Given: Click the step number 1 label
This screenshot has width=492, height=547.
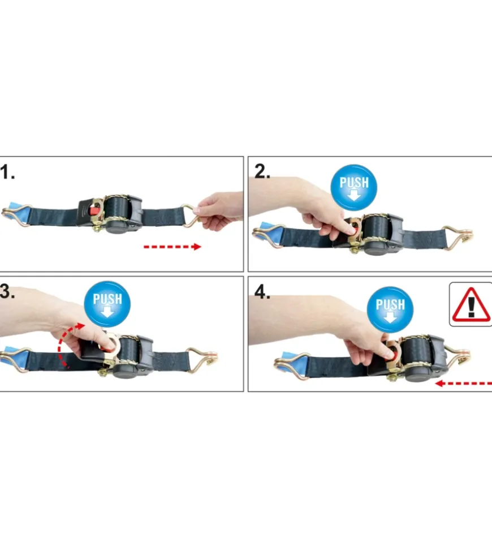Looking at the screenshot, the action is pyautogui.click(x=7, y=172).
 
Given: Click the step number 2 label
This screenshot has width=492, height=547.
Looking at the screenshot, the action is pyautogui.click(x=262, y=171).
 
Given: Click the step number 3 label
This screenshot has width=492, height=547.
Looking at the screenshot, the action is pyautogui.click(x=7, y=291).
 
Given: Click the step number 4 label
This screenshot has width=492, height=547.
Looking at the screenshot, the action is pyautogui.click(x=262, y=292).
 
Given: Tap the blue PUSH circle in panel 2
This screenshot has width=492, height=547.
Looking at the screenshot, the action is pyautogui.click(x=354, y=187).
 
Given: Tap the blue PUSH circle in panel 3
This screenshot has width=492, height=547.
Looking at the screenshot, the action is pyautogui.click(x=107, y=304).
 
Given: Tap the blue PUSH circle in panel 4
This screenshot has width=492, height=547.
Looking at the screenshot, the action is pyautogui.click(x=390, y=309).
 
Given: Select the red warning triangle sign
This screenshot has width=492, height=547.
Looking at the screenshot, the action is pyautogui.click(x=471, y=304).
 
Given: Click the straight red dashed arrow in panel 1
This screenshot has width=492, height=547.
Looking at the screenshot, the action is pyautogui.click(x=172, y=247).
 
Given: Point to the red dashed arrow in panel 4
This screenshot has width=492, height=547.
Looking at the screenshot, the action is pyautogui.click(x=464, y=384).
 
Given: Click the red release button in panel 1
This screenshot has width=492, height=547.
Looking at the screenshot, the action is pyautogui.click(x=94, y=210).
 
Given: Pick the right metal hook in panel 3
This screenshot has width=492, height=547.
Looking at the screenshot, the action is pyautogui.click(x=203, y=359).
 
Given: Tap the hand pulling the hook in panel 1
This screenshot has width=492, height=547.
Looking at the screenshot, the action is pyautogui.click(x=219, y=210).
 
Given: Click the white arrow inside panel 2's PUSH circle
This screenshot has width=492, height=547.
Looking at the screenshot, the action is pyautogui.click(x=354, y=195).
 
